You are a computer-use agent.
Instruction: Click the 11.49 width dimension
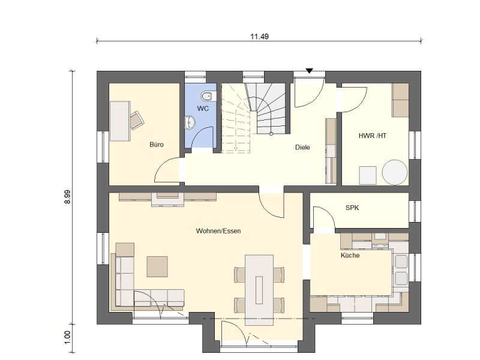[x=259, y=37]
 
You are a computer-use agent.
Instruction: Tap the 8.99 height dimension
[x=67, y=197]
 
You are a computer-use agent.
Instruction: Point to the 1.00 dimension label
[x=67, y=337]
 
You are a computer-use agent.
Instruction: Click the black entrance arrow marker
[x=310, y=71]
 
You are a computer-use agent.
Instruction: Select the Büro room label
[x=157, y=145]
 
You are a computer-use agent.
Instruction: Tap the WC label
[x=203, y=109]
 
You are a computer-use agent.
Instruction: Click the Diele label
[x=302, y=147]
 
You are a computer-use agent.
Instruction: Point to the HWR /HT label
[x=373, y=136]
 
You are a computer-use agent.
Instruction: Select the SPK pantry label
[x=352, y=208]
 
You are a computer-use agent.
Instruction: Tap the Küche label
[x=350, y=256]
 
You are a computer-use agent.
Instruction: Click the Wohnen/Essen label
[x=218, y=231]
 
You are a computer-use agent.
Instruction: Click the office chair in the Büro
[x=137, y=120]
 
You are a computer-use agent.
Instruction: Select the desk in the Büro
[x=120, y=121]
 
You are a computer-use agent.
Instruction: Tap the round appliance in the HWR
[x=395, y=172]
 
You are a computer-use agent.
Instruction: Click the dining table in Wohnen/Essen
[x=259, y=290]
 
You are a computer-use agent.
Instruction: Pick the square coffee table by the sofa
[x=157, y=266]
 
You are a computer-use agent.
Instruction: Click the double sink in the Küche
[x=401, y=270]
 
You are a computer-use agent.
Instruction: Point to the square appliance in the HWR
[x=368, y=175]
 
